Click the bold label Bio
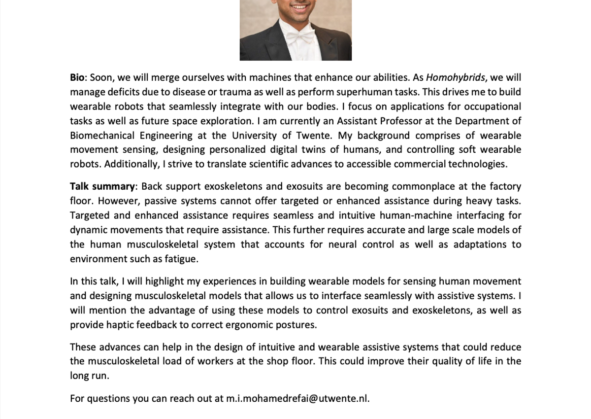[x=77, y=77]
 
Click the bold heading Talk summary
[x=102, y=186]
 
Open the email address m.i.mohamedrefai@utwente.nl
[x=297, y=398]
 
